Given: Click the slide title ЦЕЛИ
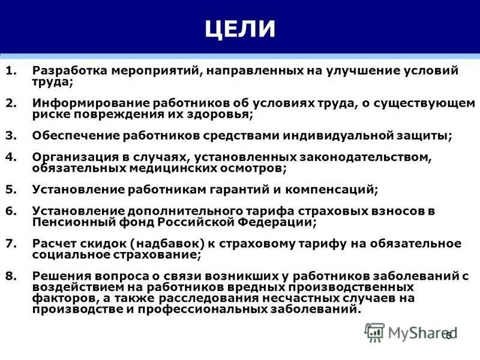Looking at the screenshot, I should (240, 29).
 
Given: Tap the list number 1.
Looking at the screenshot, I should (10, 71).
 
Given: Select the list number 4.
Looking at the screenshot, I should (10, 157).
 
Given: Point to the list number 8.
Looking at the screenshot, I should (10, 275).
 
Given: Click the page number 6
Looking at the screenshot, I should (448, 336).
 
